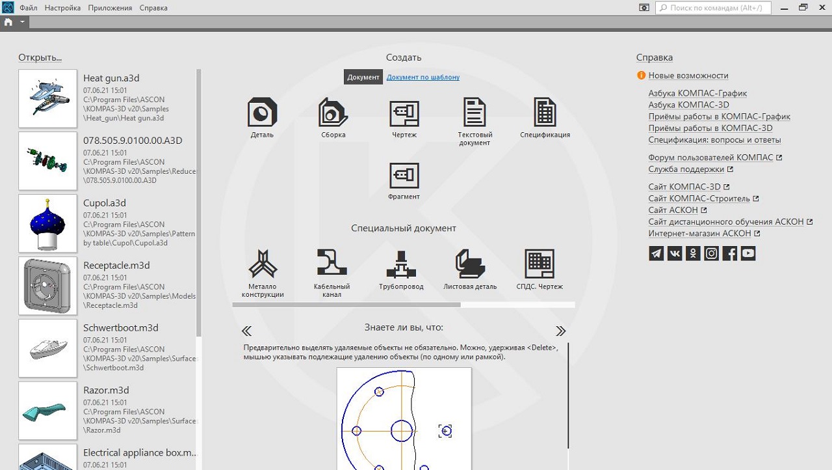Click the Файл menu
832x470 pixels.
point(28,8)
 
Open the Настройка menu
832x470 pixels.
point(62,8)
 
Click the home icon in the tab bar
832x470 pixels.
point(8,22)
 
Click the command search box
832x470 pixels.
point(713,8)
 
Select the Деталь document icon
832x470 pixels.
point(262,112)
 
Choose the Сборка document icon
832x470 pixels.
point(333,112)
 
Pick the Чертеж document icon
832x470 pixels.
point(404,113)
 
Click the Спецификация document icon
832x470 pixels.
point(545,112)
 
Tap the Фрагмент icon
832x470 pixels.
point(404,175)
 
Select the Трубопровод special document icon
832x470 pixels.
point(401,264)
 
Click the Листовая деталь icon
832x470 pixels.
point(470,264)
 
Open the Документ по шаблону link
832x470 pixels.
point(423,77)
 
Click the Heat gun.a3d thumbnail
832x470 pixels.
point(47,98)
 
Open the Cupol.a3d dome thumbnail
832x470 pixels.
point(47,223)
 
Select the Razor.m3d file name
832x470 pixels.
point(106,390)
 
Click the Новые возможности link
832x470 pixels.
point(688,76)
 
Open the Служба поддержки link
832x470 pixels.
point(686,169)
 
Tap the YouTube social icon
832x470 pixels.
point(748,253)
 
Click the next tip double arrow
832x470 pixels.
point(560,331)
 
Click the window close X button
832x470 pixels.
point(822,7)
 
